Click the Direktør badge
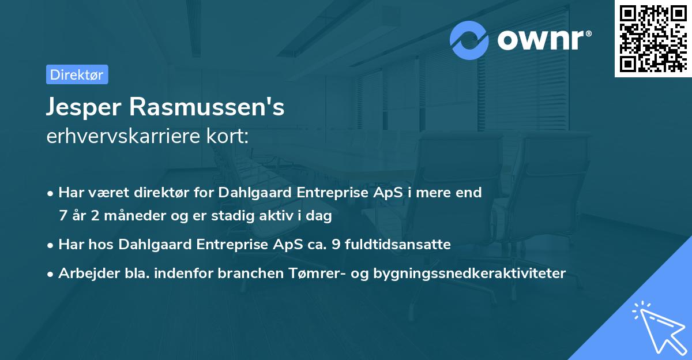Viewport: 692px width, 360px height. click(77, 74)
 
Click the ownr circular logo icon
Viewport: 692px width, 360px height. click(469, 40)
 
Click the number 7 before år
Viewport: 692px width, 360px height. click(63, 216)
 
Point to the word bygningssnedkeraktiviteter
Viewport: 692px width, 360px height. click(472, 273)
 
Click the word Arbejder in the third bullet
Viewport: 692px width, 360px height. click(84, 273)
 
